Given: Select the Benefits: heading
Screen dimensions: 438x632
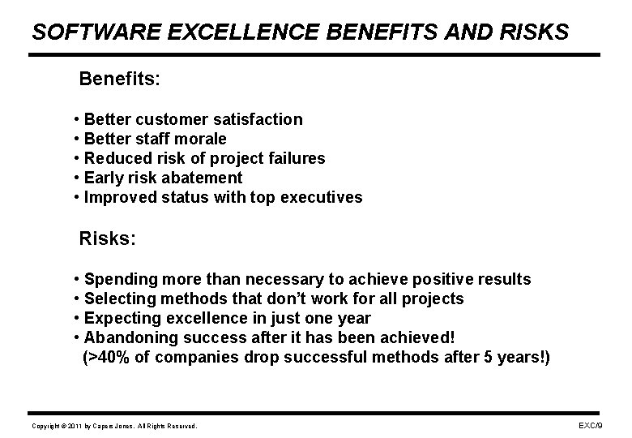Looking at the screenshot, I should pos(119,79).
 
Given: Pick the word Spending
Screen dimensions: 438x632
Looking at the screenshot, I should pos(119,280).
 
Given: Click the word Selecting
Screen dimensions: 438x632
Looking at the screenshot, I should pos(120,299).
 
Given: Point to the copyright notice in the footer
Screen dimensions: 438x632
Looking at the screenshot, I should pos(113,426).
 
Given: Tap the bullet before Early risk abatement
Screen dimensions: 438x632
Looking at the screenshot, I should pos(76,178).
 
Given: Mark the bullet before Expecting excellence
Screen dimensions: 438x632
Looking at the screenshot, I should pos(76,319).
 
